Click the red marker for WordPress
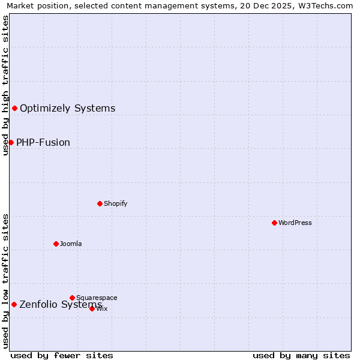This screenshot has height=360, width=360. [x=274, y=223]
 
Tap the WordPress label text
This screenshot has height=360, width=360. [x=295, y=223]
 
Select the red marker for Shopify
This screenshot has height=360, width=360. [x=100, y=203]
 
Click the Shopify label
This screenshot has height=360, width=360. [x=116, y=203]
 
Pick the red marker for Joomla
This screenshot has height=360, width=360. [x=56, y=244]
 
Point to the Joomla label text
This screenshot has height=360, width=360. [x=71, y=244]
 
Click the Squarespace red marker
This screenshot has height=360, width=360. [x=72, y=298]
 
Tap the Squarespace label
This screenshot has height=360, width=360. [x=97, y=298]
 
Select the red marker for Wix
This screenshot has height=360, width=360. [x=92, y=308]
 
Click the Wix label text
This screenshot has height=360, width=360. [x=102, y=308]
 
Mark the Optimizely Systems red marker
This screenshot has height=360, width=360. [x=14, y=108]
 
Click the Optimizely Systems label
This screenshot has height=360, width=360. [x=68, y=108]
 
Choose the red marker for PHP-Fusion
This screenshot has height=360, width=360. [x=11, y=142]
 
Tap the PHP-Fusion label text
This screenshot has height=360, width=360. [x=43, y=142]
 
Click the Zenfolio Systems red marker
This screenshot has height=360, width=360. [x=14, y=304]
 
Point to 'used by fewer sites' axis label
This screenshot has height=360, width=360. [x=62, y=355]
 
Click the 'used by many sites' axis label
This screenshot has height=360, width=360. [x=301, y=355]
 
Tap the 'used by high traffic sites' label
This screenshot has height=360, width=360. [x=6, y=85]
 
